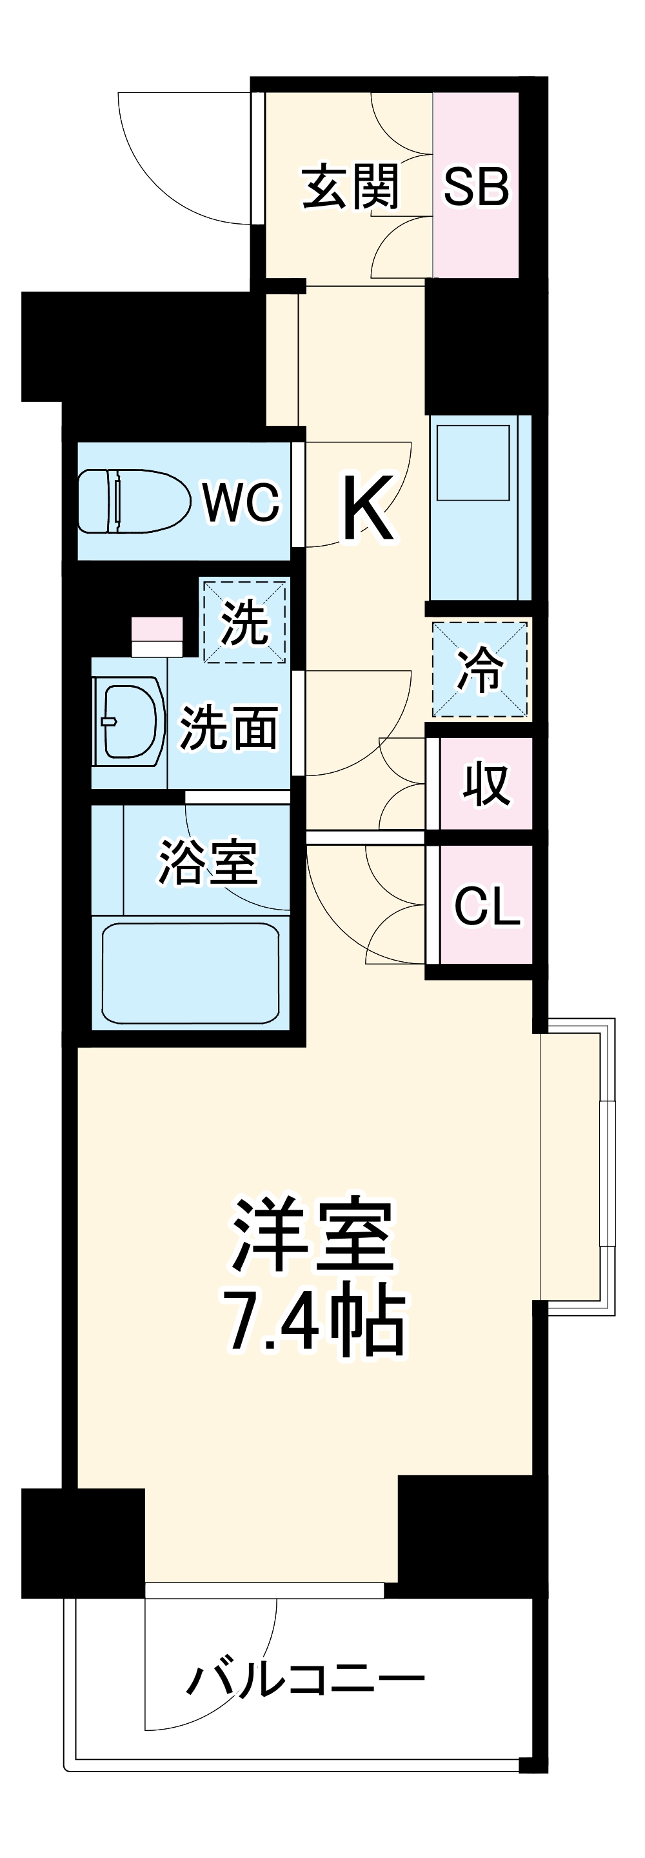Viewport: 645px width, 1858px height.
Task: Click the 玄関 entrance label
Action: (x=350, y=188)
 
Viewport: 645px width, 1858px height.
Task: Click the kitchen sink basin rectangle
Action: (x=473, y=463)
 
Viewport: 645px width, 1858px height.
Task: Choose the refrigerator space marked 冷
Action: (x=481, y=670)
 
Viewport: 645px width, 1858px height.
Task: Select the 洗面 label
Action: (x=229, y=728)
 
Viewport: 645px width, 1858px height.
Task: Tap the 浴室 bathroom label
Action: (x=208, y=862)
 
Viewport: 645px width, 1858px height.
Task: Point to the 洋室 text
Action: (x=312, y=1236)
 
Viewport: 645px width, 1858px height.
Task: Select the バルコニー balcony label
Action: (x=306, y=1681)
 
